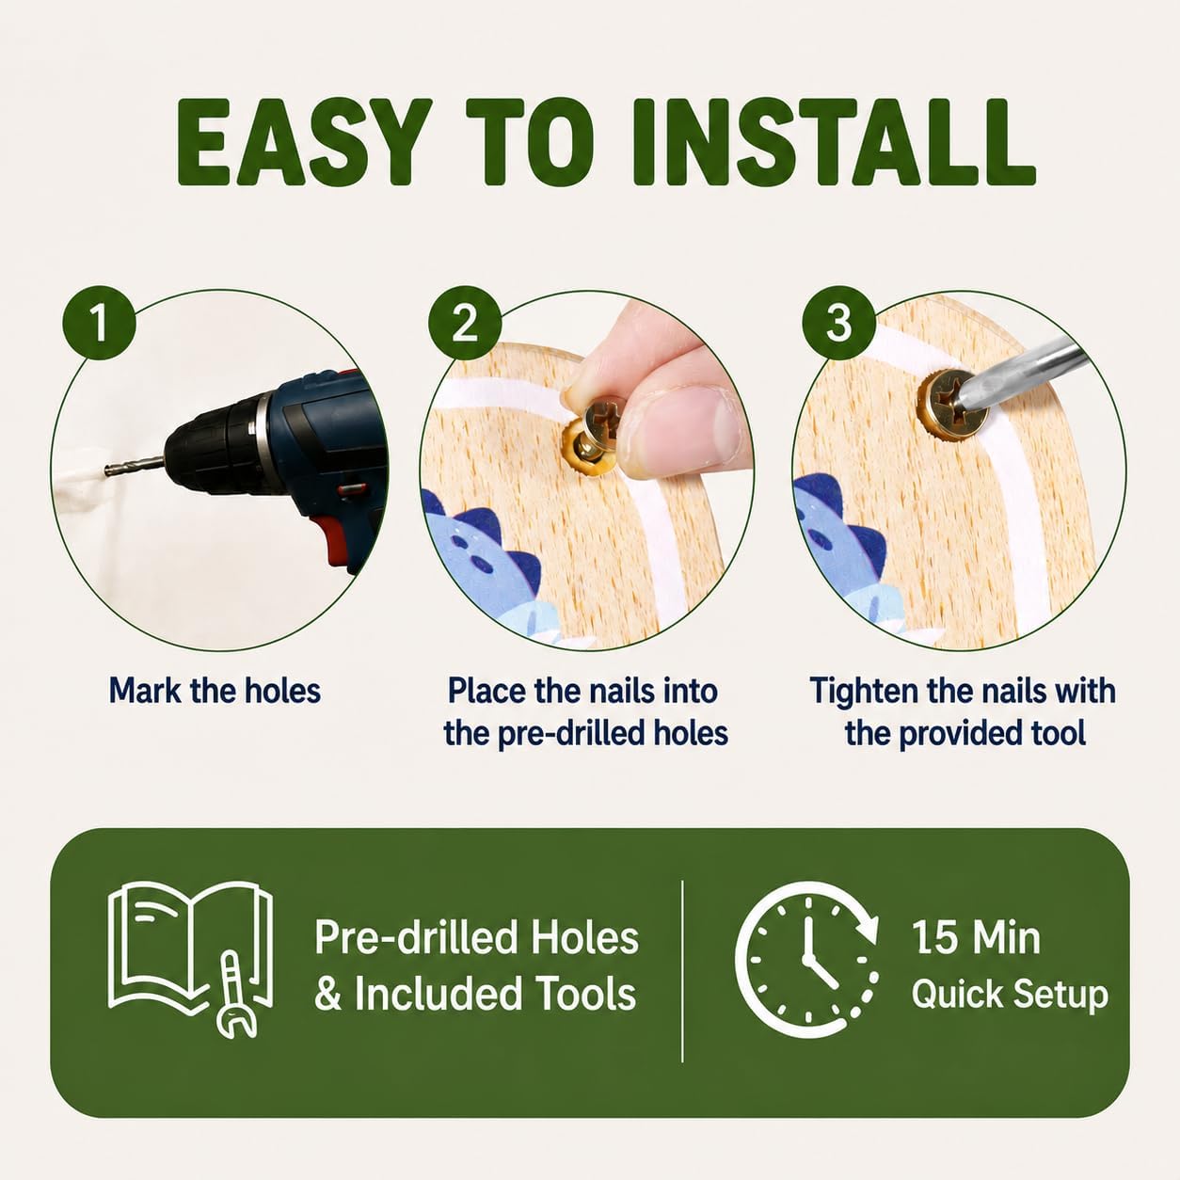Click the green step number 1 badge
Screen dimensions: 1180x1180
click(99, 323)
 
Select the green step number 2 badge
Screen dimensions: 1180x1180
click(465, 323)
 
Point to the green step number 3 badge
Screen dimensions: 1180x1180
click(839, 323)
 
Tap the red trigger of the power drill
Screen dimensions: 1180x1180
click(328, 539)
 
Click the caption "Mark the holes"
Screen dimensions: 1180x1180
click(215, 691)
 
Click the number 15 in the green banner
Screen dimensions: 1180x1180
click(934, 937)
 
